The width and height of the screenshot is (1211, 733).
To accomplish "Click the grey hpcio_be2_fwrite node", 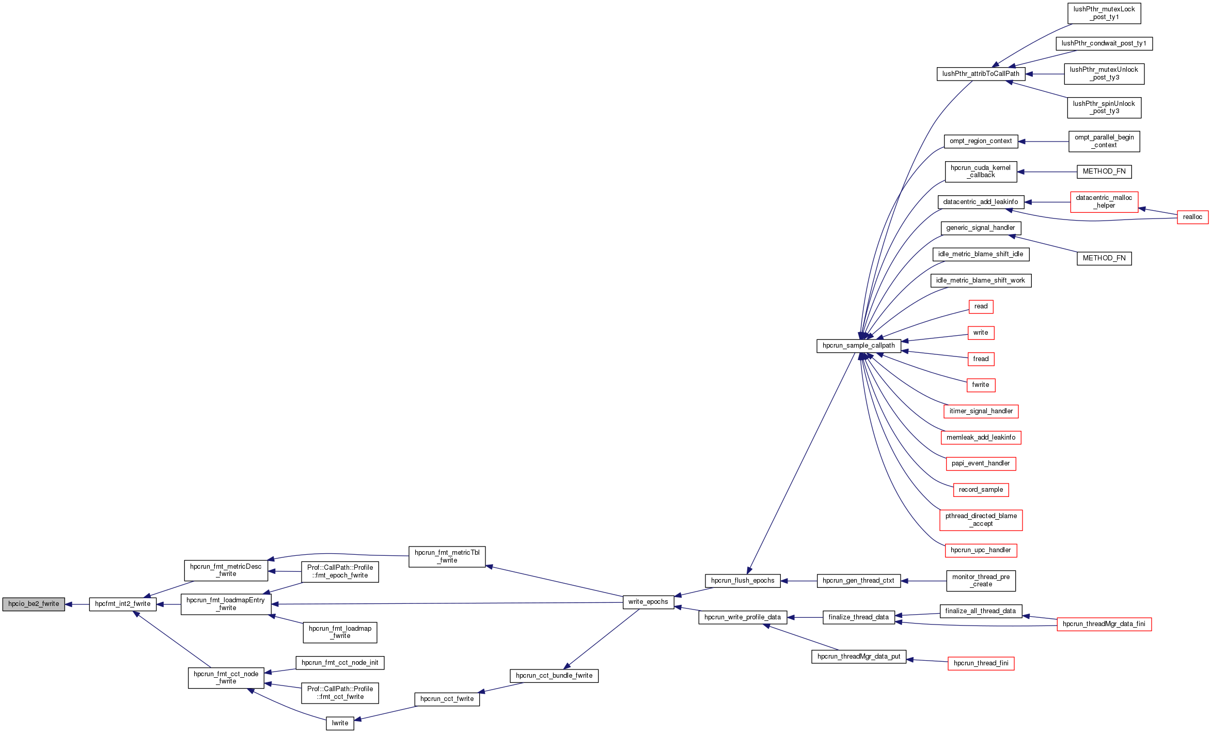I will point(34,604).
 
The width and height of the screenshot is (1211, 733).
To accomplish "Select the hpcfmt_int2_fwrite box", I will point(122,604).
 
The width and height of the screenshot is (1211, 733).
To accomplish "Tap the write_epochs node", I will point(648,602).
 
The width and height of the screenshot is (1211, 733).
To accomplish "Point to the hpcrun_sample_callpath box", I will point(858,346).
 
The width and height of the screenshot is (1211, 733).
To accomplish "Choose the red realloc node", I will point(1192,217).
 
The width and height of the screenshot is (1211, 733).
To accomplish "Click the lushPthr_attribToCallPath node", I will point(981,74).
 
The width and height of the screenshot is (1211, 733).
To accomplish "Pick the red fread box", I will point(981,359).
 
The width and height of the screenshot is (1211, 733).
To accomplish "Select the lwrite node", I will point(340,723).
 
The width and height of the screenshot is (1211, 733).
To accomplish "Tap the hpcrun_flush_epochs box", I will point(743,581).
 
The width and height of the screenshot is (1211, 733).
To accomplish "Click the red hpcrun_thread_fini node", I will point(981,663).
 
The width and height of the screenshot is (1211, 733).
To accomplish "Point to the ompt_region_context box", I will point(981,141).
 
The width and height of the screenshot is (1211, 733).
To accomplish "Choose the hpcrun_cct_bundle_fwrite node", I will point(554,676).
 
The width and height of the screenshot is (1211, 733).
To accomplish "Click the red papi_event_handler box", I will point(981,463).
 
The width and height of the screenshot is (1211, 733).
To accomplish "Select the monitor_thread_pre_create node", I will point(981,581).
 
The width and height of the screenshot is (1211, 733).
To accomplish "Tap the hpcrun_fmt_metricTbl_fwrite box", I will point(447,556).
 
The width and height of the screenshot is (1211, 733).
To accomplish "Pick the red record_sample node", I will point(981,490).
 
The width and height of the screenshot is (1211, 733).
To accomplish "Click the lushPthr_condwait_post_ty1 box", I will point(1104,43).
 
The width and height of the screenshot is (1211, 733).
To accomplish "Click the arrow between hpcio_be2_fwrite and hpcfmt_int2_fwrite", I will point(77,604).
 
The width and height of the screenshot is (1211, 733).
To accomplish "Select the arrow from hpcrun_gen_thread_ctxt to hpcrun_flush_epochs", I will point(798,581).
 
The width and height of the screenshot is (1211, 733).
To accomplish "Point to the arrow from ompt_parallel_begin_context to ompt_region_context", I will point(1043,142).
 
